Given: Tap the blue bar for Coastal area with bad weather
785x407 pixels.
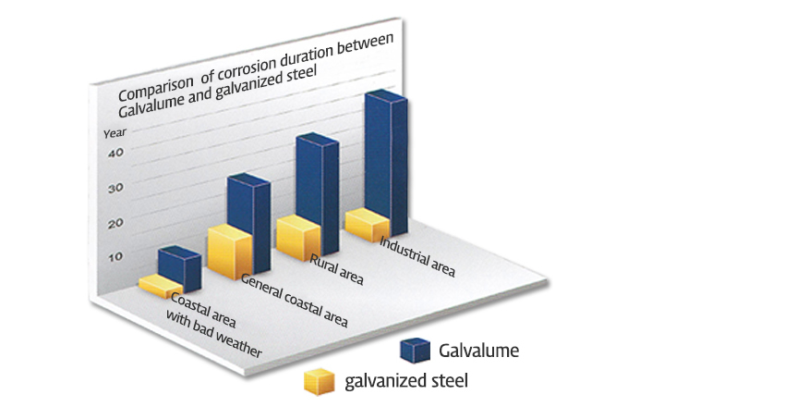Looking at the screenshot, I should pyautogui.click(x=178, y=268).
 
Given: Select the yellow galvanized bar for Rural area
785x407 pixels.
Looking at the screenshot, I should pyautogui.click(x=298, y=238).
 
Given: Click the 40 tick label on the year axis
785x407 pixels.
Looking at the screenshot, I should pyautogui.click(x=115, y=154).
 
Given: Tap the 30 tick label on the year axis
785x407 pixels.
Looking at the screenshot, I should pyautogui.click(x=115, y=188).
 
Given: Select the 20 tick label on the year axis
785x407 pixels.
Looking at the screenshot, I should pyautogui.click(x=115, y=223).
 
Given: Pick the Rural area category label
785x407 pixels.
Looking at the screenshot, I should pyautogui.click(x=337, y=269).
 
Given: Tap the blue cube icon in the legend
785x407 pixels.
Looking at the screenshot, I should pyautogui.click(x=415, y=350).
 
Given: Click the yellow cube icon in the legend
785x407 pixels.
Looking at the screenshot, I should pyautogui.click(x=319, y=380).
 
